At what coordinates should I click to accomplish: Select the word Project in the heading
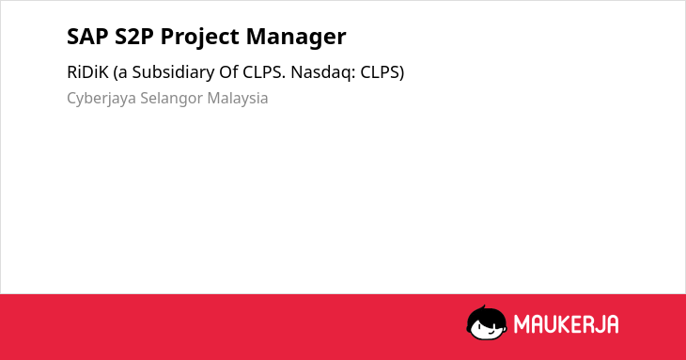[x=199, y=38]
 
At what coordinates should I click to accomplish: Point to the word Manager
[x=296, y=38]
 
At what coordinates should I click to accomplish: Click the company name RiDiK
[x=87, y=72]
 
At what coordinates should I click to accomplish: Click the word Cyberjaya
[x=101, y=99]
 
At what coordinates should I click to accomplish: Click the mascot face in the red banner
[x=487, y=322]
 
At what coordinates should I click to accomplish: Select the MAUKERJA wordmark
[x=566, y=324]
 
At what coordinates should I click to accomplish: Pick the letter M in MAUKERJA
[x=522, y=324]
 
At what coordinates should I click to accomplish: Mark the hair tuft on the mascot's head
[x=484, y=307]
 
